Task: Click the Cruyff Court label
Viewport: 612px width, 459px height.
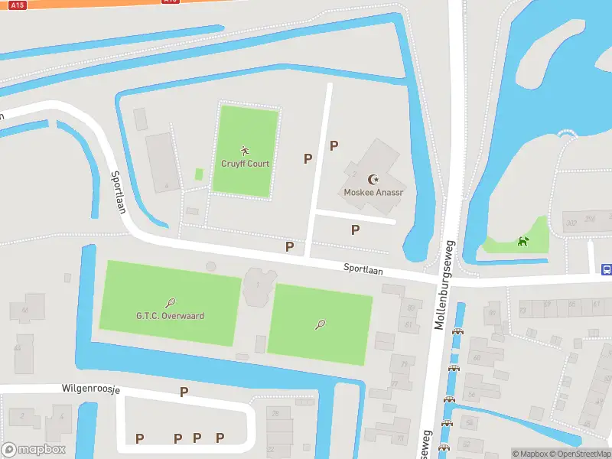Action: (x=245, y=164)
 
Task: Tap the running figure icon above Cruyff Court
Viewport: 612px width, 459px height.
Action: (x=245, y=150)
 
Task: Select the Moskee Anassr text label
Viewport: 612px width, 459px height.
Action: (x=373, y=193)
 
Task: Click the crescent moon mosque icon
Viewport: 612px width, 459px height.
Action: (x=373, y=179)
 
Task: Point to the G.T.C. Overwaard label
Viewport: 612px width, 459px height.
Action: (x=170, y=316)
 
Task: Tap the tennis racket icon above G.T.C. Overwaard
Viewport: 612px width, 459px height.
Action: (x=170, y=303)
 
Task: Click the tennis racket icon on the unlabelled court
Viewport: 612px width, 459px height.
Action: (x=320, y=324)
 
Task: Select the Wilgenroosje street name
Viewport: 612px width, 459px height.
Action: (x=91, y=389)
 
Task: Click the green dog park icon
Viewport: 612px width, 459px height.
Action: (x=523, y=242)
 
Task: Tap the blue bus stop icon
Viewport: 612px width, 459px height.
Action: (x=606, y=269)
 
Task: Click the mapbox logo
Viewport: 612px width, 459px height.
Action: (x=34, y=449)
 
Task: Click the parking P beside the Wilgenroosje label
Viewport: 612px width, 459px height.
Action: (x=184, y=392)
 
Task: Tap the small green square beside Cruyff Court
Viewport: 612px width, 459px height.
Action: (x=199, y=174)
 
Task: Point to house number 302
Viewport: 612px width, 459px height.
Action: (x=570, y=223)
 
